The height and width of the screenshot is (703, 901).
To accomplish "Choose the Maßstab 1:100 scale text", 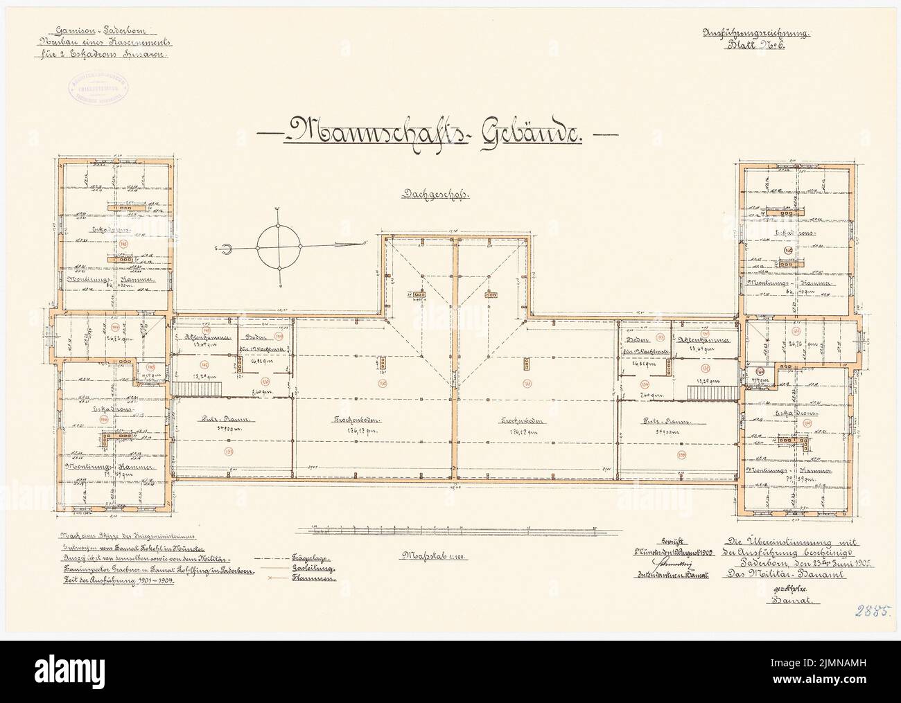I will [422, 555].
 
